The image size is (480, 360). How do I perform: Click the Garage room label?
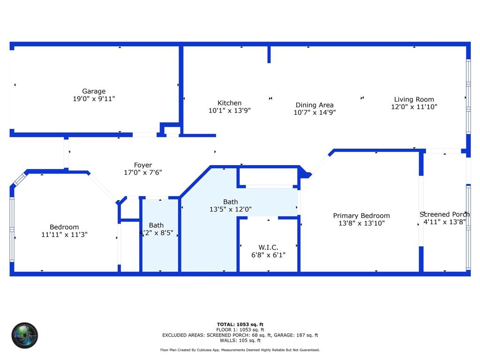pos(94,91)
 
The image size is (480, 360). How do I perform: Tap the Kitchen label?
pos(230,103)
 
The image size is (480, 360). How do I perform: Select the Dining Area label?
pos(315,105)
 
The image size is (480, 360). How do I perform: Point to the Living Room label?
pos(414,99)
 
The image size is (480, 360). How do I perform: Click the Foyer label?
pos(143,165)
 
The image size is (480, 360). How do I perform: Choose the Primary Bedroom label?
pos(361,216)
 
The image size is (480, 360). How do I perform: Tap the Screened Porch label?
pos(444,214)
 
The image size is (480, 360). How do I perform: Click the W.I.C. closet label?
pos(268,247)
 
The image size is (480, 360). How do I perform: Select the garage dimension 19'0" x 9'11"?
pos(94,99)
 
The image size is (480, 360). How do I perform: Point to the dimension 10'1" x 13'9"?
pos(230,111)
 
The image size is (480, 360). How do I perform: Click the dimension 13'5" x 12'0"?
pos(231,210)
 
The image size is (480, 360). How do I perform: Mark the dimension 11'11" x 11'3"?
pos(64,235)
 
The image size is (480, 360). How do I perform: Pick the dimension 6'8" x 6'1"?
pos(268,255)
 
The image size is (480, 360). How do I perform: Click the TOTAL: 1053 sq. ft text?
pos(240,324)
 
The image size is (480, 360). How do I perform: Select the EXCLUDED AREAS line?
pos(240,335)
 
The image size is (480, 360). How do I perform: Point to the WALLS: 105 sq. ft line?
pos(240,340)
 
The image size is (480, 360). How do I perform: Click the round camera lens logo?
pos(25,335)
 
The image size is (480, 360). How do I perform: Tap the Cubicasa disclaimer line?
pos(240,350)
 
